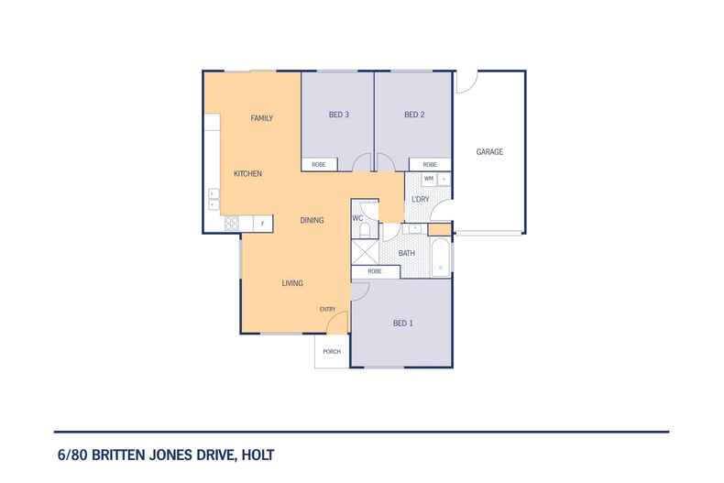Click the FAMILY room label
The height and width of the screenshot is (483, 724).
click(262, 118)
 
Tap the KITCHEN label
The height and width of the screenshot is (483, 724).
click(248, 173)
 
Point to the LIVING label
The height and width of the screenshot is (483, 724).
click(292, 282)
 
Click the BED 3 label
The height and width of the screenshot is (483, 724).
click(339, 115)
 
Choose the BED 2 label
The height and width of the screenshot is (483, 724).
click(414, 115)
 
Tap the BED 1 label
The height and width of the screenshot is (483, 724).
click(403, 323)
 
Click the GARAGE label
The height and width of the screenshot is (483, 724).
click(489, 151)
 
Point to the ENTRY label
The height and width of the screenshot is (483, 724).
click(327, 309)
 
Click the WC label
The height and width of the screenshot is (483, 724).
click(358, 218)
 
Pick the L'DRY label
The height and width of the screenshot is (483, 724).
click(421, 199)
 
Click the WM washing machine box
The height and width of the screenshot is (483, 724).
click(429, 178)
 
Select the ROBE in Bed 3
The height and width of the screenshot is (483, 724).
click(319, 164)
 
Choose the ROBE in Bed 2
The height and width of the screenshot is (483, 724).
click(429, 164)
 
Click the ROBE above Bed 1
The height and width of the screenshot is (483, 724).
click(375, 271)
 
